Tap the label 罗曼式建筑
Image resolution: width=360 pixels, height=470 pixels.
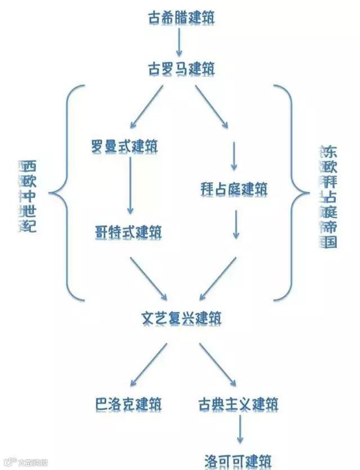coord(124,147)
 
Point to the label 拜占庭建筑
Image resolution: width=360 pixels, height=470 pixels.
coord(234,189)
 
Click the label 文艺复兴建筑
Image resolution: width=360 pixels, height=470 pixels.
coord(181,318)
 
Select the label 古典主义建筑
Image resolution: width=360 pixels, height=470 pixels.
coord(238,404)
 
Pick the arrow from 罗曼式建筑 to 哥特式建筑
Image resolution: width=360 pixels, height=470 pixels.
coord(130,186)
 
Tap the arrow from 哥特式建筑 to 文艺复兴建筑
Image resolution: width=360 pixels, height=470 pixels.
coord(148,278)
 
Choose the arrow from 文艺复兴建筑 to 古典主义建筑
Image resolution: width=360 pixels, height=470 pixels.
coord(218,364)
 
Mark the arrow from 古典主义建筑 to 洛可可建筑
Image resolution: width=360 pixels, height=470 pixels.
coord(240,431)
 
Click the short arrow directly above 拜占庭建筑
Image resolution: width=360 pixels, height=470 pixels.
coord(234,156)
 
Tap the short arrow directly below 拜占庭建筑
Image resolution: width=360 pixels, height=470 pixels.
coord(237,224)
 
